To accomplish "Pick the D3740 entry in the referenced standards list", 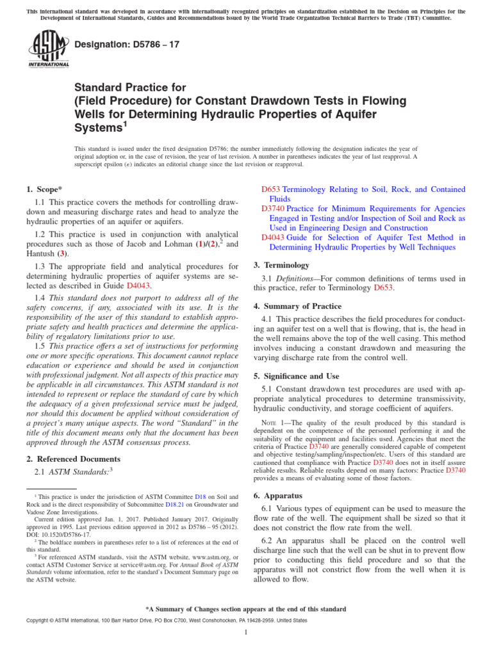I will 272,209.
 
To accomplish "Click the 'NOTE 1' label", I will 275,423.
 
